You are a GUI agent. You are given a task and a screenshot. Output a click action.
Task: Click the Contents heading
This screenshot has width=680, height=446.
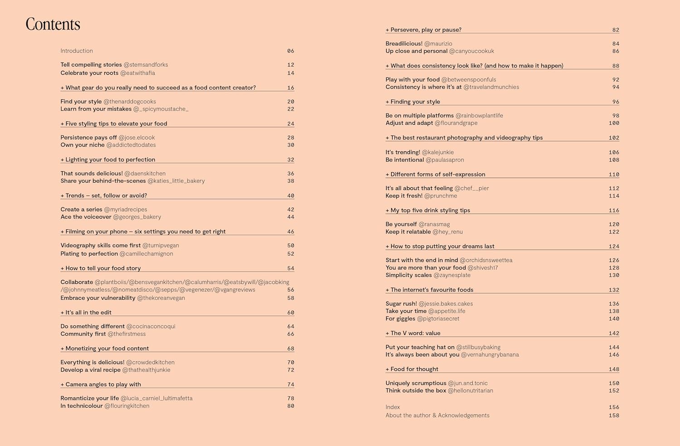[x=53, y=24]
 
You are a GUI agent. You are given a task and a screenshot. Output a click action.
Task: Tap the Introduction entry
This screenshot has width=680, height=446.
[x=77, y=51]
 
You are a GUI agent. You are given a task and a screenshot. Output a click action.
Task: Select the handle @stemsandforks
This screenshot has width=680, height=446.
[x=146, y=65]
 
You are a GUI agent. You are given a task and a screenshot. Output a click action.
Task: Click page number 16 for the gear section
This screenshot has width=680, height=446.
[x=291, y=88]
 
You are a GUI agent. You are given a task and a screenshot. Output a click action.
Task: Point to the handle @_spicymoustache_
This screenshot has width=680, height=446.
[x=161, y=109]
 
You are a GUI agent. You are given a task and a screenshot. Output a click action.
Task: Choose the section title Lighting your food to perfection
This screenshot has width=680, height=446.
[x=110, y=160]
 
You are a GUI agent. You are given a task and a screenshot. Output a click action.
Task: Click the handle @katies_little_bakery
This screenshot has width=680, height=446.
[x=176, y=181]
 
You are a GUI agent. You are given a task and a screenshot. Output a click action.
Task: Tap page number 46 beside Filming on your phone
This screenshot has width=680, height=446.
[x=291, y=232]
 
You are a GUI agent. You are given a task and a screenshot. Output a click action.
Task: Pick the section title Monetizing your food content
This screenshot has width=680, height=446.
[x=107, y=349]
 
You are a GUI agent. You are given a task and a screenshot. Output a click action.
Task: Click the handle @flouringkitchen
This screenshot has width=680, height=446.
[x=127, y=406]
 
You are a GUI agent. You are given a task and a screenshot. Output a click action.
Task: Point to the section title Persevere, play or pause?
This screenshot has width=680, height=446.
[x=426, y=30]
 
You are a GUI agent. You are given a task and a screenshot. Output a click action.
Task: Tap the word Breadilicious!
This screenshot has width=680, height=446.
[x=404, y=44]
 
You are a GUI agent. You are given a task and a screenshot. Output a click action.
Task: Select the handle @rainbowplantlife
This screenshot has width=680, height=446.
[x=479, y=116]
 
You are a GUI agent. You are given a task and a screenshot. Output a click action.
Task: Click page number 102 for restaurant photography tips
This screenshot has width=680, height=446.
[x=614, y=138]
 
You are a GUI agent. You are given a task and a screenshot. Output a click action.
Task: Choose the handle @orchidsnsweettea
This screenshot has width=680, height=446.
[x=486, y=260]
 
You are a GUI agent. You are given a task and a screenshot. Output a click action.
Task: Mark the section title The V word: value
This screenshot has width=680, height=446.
[x=415, y=333]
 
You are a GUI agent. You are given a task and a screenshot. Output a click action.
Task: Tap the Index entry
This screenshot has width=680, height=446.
[x=393, y=407]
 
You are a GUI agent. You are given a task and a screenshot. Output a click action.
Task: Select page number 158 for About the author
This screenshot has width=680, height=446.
[x=614, y=416]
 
